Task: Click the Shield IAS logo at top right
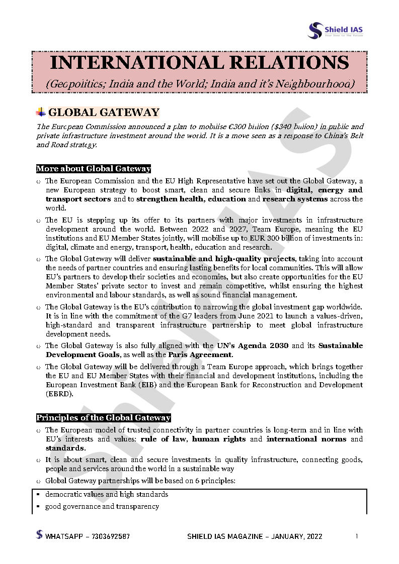click(335, 30)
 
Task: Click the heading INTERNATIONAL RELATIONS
click(199, 63)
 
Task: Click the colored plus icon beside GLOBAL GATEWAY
click(41, 112)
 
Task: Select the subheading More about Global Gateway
click(94, 169)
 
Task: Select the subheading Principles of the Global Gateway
click(103, 418)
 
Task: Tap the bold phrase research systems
click(295, 199)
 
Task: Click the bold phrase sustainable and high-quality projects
click(223, 259)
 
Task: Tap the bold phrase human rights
click(219, 439)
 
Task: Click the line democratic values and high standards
click(107, 494)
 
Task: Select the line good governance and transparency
click(102, 506)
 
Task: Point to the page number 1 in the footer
click(356, 536)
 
